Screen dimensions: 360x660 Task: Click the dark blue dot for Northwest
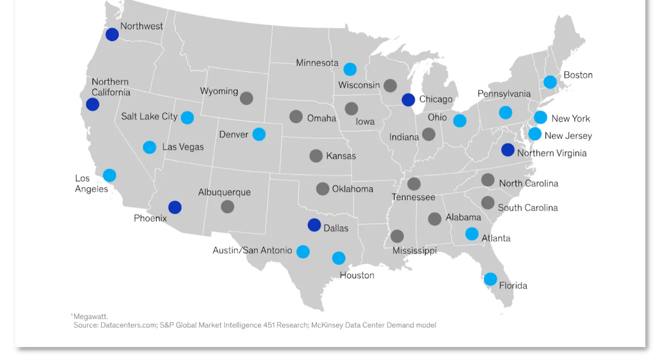click(112, 34)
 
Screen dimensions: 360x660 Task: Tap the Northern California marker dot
click(92, 104)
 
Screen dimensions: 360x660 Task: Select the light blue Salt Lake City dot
click(187, 117)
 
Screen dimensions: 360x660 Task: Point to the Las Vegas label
click(183, 147)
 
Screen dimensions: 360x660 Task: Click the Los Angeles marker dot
click(109, 175)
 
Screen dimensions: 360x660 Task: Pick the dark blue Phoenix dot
click(174, 207)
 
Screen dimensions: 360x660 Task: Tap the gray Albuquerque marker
click(227, 206)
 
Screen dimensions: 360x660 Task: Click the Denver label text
click(233, 134)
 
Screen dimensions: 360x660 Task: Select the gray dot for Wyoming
click(246, 98)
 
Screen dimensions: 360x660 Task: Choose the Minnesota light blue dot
click(350, 69)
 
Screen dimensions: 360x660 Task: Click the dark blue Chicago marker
click(408, 99)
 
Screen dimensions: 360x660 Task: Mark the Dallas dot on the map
click(314, 225)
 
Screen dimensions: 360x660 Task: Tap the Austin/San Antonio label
click(252, 250)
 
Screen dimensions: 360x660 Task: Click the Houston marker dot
click(338, 258)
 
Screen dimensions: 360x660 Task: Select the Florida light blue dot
click(490, 279)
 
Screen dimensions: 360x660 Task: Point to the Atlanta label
click(496, 238)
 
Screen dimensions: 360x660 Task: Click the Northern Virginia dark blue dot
click(507, 149)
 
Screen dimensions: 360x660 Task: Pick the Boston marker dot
click(550, 82)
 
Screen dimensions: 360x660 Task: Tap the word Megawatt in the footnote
click(90, 316)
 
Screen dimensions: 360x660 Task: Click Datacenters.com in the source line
click(128, 325)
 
